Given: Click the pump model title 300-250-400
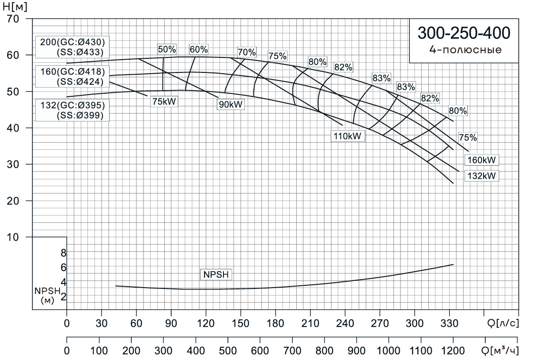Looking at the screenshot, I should pyautogui.click(x=463, y=33).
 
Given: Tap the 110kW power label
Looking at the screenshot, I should pyautogui.click(x=348, y=136).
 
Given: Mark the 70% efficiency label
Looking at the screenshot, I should pyautogui.click(x=246, y=52).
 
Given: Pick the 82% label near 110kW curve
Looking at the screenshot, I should pyautogui.click(x=343, y=67).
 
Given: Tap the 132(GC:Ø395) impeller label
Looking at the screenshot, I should pyautogui.click(x=72, y=106).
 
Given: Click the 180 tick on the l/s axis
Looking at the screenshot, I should pyautogui.click(x=275, y=323).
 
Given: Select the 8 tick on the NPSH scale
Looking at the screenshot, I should pyautogui.click(x=63, y=253).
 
